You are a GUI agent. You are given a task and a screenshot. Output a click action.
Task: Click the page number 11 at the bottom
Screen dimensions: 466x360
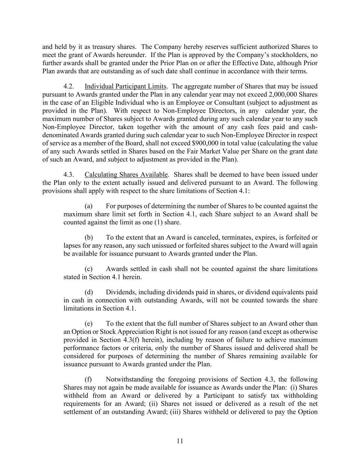[x=180, y=441]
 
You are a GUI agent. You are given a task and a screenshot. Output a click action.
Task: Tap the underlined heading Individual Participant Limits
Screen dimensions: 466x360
[x=125, y=86]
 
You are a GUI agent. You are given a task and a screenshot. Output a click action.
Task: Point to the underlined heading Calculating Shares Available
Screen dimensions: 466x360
[x=126, y=175]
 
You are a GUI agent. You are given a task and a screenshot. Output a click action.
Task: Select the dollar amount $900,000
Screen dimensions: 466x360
[x=206, y=143]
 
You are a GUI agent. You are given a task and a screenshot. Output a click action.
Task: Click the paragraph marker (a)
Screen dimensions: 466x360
[x=88, y=206]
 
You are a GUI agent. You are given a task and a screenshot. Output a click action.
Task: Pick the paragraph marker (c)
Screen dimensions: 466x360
[x=88, y=269]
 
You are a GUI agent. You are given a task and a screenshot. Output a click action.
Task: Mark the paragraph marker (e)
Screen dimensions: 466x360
[x=88, y=323]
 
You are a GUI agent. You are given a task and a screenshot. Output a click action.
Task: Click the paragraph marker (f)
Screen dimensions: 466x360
[x=88, y=379]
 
